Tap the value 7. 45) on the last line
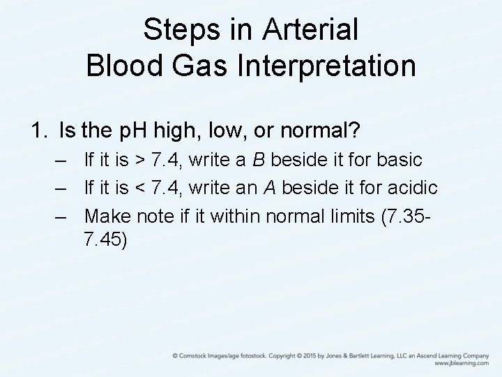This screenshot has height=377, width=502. [105, 239]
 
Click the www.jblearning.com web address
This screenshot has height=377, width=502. [462, 364]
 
